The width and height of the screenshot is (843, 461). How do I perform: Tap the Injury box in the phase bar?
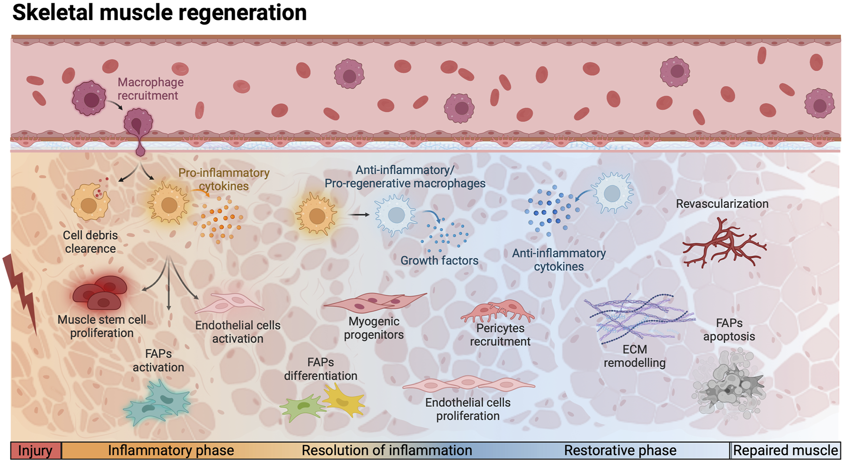tap(36, 451)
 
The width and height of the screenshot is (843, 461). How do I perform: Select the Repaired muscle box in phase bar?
tap(785, 451)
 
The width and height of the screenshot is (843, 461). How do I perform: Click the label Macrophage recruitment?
tap(150, 89)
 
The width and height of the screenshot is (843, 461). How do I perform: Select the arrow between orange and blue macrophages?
tap(359, 215)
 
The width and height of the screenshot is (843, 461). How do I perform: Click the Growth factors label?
tap(439, 261)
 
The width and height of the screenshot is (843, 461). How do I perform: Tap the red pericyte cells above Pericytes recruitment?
tap(498, 310)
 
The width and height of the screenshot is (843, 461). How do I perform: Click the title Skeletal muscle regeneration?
tap(159, 12)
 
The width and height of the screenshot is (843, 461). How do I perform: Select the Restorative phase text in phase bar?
tap(620, 451)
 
